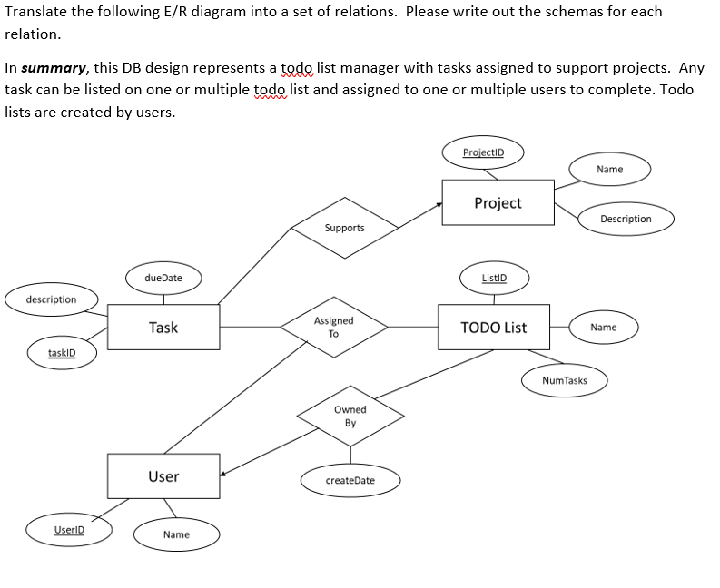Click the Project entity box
[498, 202]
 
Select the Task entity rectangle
[163, 328]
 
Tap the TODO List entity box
[493, 328]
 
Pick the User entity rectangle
[163, 476]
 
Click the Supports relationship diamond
[344, 228]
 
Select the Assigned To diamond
[333, 328]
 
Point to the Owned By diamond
[350, 416]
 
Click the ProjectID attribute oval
[484, 152]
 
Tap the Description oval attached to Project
[626, 219]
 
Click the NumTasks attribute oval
[564, 380]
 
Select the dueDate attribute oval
[163, 278]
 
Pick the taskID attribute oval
[62, 352]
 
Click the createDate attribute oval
[350, 480]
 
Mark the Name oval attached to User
[176, 534]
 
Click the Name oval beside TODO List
[603, 327]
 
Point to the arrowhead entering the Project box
[438, 206]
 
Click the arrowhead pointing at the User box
[223, 472]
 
